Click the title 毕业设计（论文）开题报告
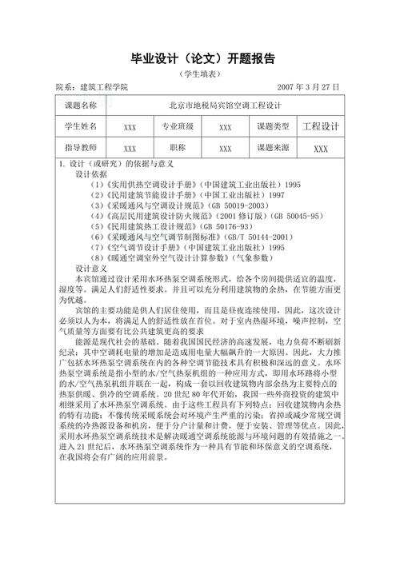click(x=200, y=58)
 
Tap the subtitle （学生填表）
click(x=200, y=74)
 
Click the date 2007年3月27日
click(x=308, y=87)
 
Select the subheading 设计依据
click(x=91, y=173)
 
